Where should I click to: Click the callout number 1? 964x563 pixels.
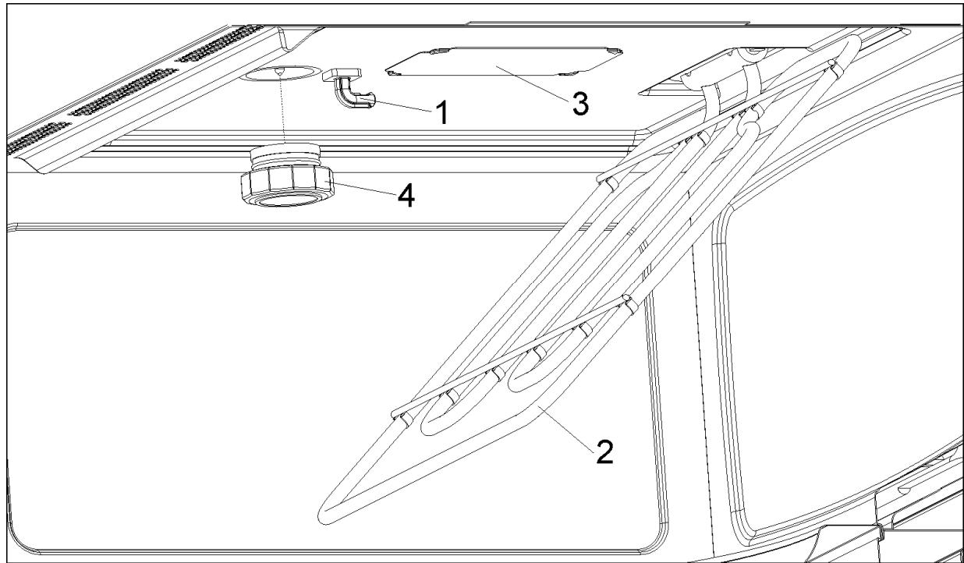tap(441, 115)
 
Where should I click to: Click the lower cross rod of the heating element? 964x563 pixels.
tap(507, 355)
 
